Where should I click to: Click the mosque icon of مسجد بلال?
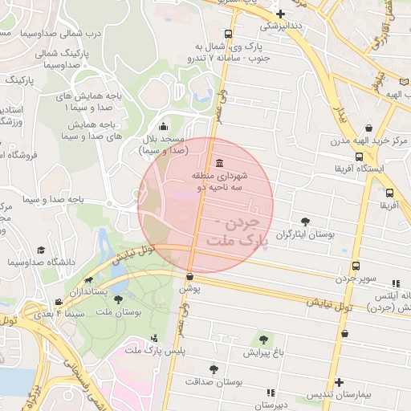[164, 126]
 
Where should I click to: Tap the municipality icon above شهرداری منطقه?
[219, 164]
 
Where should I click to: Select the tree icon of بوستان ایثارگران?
[304, 221]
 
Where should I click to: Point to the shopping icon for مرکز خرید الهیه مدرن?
[368, 128]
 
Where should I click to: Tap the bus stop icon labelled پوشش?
[189, 276]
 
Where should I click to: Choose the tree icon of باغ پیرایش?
[262, 341]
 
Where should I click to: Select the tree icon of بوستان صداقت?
[214, 368]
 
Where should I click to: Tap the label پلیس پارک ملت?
[181, 351]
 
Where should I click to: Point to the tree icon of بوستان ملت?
[119, 299]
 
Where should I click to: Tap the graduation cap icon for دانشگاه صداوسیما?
[40, 251]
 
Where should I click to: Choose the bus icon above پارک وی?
[229, 35]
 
